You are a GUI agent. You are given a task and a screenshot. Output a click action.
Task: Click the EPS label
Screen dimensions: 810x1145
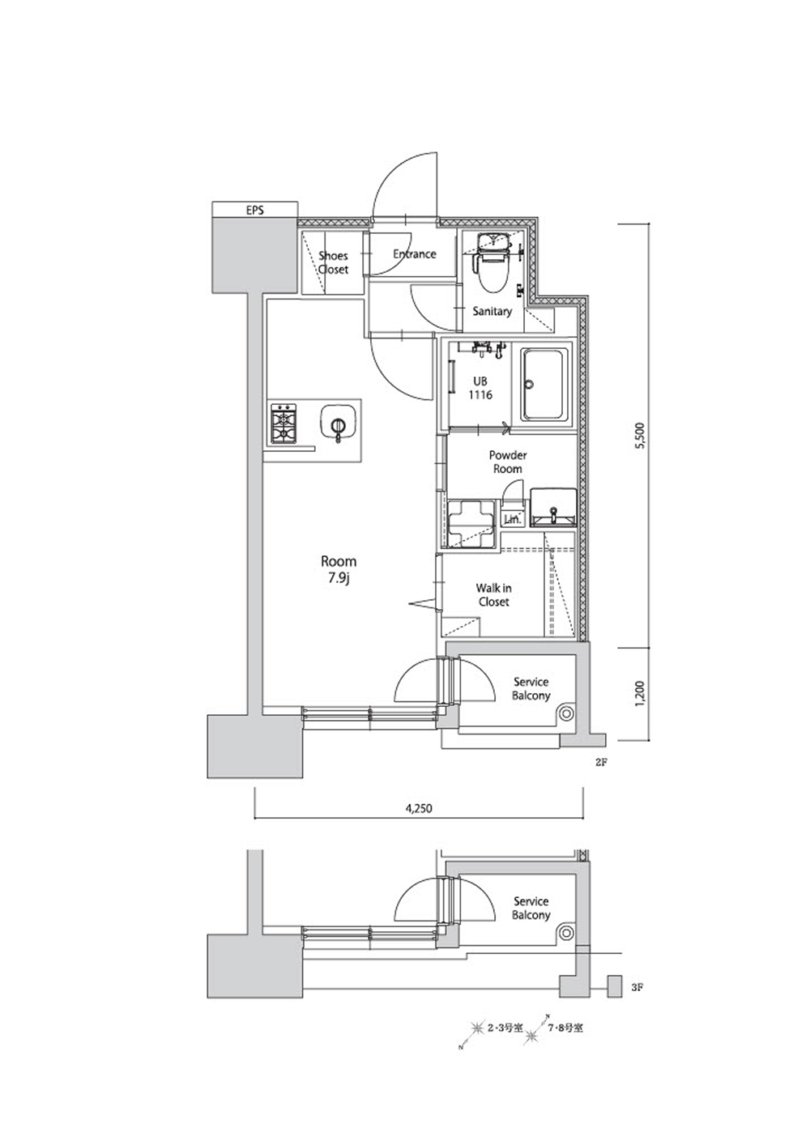click(x=254, y=210)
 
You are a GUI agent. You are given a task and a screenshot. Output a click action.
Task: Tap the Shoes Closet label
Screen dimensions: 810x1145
click(x=333, y=262)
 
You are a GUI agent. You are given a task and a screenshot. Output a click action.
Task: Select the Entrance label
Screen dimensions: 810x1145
click(x=414, y=254)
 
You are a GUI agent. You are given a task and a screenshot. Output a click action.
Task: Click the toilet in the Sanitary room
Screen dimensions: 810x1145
click(x=492, y=262)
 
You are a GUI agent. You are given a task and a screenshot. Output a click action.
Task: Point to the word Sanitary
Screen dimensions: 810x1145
click(x=492, y=311)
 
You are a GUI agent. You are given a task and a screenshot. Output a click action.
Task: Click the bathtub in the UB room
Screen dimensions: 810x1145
click(x=546, y=384)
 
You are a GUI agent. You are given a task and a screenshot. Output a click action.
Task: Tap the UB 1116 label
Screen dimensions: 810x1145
click(x=480, y=388)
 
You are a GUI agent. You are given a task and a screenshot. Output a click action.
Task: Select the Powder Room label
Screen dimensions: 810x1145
click(x=507, y=462)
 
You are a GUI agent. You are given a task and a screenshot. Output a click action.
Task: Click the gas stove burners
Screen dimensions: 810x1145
click(x=283, y=424)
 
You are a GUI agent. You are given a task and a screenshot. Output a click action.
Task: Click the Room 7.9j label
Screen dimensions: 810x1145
click(x=338, y=569)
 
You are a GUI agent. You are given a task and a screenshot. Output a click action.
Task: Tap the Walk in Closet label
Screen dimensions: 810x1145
click(x=493, y=595)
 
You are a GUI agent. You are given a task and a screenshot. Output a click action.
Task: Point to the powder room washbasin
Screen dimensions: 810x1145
click(x=553, y=507)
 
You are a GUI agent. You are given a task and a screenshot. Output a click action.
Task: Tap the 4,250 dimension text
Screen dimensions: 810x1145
click(x=419, y=808)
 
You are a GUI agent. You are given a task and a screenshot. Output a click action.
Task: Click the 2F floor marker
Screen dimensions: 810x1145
click(x=601, y=762)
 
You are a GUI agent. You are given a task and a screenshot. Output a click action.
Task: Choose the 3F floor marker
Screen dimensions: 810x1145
click(x=637, y=988)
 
